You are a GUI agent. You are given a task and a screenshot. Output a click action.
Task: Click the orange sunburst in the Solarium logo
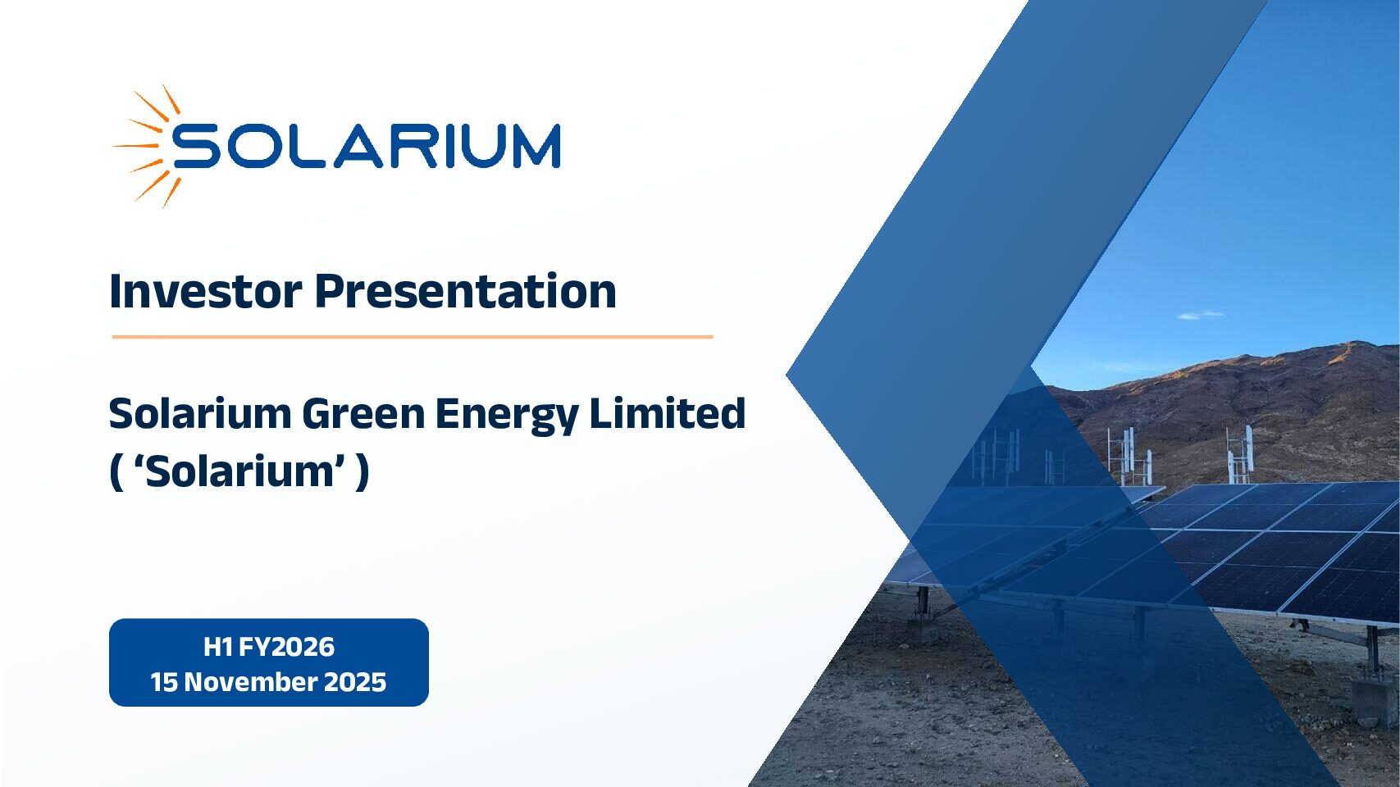(148, 146)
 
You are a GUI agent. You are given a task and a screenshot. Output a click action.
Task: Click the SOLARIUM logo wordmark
(367, 146)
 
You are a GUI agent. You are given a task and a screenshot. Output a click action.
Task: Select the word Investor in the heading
(206, 291)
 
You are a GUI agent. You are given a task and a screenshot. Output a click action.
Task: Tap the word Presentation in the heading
(466, 291)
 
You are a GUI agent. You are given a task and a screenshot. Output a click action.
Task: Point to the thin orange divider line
(413, 337)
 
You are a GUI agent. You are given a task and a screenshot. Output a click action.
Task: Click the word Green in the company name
(364, 413)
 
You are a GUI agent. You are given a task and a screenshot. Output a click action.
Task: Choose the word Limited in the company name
(668, 413)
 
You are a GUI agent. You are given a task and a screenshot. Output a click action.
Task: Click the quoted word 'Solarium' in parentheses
(240, 471)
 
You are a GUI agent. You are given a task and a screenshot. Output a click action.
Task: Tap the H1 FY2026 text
(269, 647)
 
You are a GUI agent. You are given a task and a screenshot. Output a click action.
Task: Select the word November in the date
(244, 682)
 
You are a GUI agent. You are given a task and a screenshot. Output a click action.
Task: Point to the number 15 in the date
(163, 682)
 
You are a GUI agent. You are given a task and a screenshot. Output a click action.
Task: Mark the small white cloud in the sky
(1201, 315)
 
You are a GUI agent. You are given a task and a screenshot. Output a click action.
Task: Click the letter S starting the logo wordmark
(196, 146)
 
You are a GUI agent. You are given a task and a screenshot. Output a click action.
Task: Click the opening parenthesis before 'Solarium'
(116, 472)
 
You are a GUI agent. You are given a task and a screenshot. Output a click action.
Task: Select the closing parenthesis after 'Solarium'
(363, 472)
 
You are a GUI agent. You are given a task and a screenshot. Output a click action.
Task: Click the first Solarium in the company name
(200, 413)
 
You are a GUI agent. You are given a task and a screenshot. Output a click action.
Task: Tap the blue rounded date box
(269, 662)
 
